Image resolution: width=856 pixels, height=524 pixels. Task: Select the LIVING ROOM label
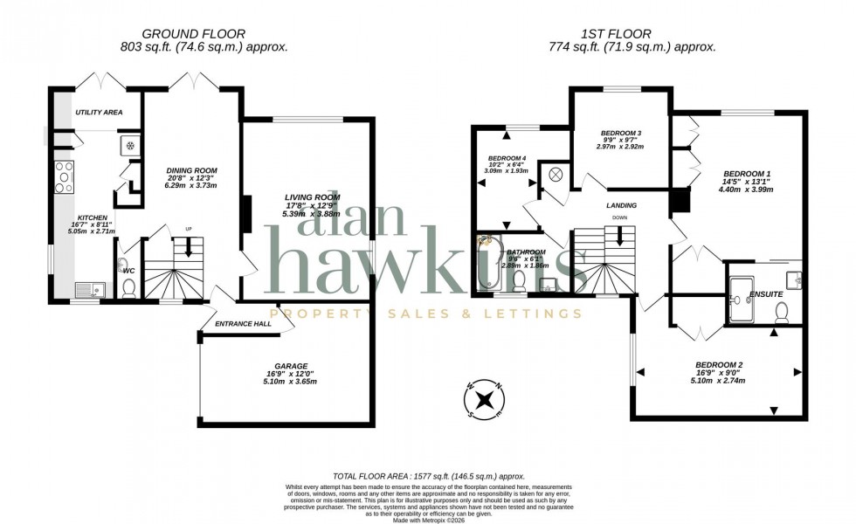tap(311, 197)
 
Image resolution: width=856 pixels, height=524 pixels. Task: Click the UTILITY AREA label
tap(99, 113)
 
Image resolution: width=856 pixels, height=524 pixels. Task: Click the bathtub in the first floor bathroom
tap(486, 263)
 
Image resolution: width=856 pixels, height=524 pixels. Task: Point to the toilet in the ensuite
tap(782, 311)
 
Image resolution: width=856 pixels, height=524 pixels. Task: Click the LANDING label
tap(621, 205)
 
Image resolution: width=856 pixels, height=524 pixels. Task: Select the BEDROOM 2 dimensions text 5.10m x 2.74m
tap(717, 381)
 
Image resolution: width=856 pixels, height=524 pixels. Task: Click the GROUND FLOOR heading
tap(192, 33)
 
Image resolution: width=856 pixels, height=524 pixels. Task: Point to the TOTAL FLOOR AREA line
tap(427, 469)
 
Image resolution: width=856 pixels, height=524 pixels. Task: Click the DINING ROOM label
tap(192, 170)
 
